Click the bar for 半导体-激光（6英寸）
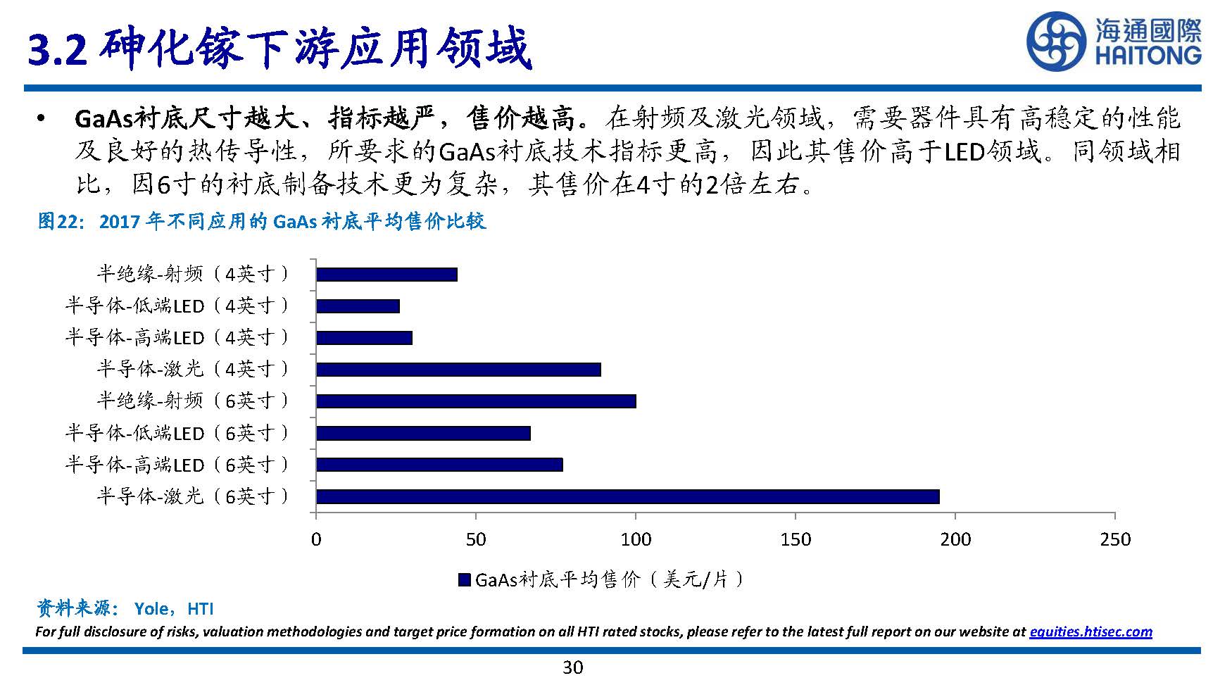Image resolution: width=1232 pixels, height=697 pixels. pos(627,496)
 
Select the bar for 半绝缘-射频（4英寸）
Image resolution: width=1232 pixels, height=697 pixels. pos(386,275)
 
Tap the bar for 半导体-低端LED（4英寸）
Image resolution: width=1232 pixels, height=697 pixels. pos(358,306)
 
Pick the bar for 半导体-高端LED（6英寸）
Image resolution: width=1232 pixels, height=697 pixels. pos(439,465)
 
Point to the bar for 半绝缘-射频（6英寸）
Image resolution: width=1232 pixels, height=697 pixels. pos(476,401)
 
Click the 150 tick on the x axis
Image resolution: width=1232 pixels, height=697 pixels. pos(796,539)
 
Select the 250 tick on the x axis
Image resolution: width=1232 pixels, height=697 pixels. pos(1114,539)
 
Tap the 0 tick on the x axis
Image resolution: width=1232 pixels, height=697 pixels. pos(316,539)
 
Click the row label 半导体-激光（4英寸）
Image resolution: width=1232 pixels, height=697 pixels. pos(193,369)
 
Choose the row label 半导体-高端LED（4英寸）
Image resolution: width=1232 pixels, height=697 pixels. pos(177,337)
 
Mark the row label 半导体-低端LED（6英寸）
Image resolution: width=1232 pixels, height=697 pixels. pos(177,432)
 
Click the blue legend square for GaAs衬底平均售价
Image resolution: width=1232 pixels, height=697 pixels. pos(464,580)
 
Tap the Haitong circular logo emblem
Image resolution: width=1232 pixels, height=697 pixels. pos(1057,42)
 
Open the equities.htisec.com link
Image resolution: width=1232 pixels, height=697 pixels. pos(1090,632)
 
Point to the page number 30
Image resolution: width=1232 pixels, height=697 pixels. pos(573,667)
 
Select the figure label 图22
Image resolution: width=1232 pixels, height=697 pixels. pos(61,222)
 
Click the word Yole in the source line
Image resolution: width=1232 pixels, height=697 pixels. pos(151,609)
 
